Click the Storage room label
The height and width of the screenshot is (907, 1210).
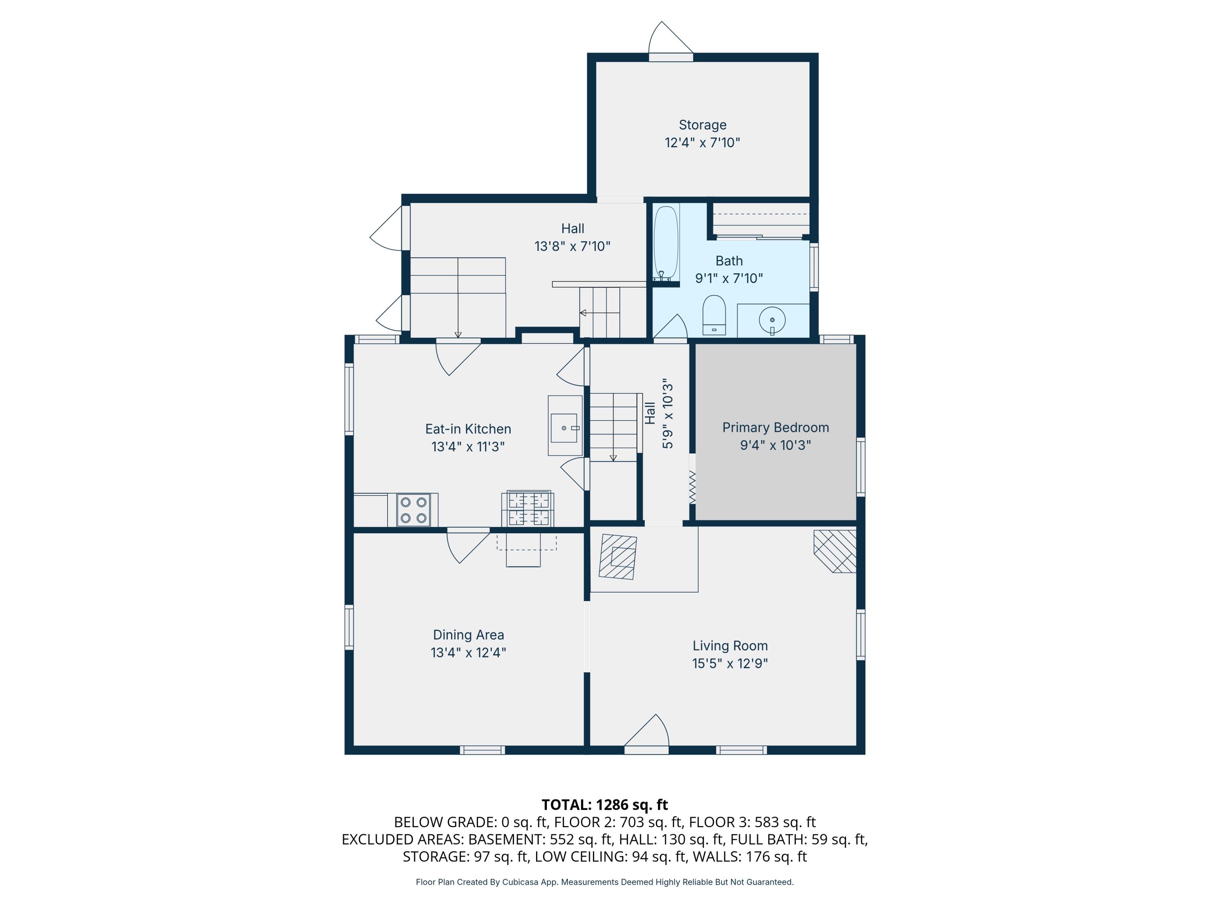[x=702, y=125]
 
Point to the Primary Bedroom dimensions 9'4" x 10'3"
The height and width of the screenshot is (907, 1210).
[x=775, y=445]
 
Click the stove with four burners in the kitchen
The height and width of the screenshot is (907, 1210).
[x=413, y=510]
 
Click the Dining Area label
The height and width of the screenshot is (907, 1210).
[x=468, y=635]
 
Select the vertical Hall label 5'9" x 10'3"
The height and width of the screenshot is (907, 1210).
[x=659, y=413]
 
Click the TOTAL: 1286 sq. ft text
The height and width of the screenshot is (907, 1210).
[x=605, y=805]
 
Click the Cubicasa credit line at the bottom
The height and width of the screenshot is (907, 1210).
[x=605, y=882]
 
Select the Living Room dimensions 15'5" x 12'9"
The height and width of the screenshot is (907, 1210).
[x=730, y=663]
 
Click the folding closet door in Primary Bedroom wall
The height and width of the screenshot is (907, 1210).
[x=692, y=487]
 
